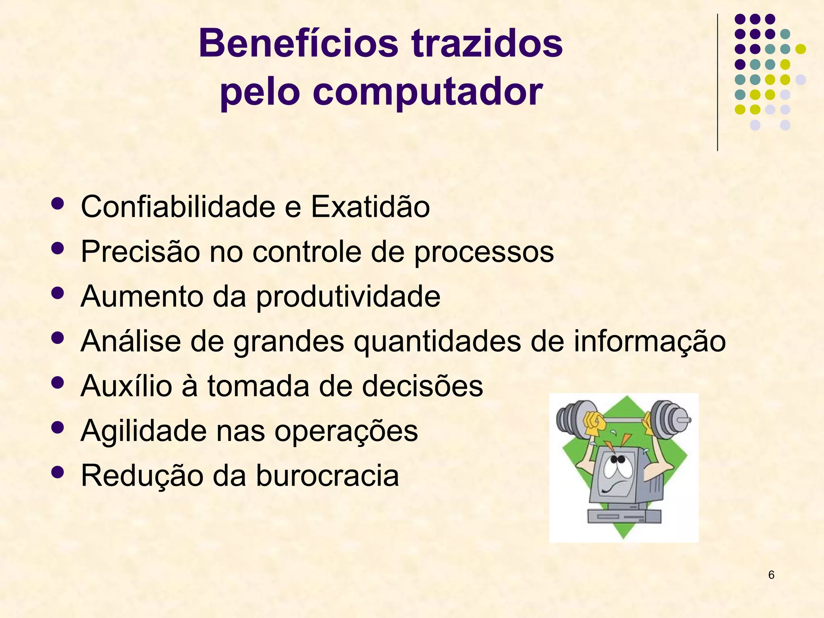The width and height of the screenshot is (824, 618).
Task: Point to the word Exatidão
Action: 370,207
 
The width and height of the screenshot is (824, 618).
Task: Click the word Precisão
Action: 140,252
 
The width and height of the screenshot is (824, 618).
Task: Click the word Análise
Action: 131,341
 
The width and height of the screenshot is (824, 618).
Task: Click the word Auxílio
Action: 126,386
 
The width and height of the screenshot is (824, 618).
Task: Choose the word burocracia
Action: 327,476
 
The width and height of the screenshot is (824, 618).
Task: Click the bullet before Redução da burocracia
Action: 58,472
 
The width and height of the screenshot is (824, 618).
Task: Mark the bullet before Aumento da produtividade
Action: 58,293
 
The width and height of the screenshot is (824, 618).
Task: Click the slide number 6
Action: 771,575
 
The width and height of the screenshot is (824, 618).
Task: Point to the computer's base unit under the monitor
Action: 624,516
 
